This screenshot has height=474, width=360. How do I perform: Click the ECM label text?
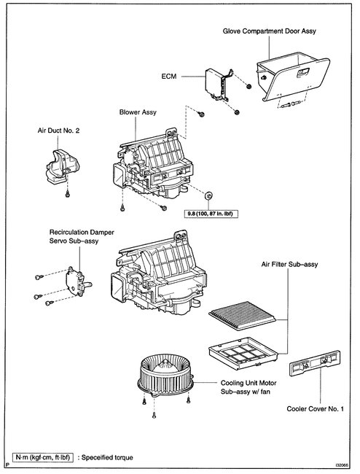tap(169, 77)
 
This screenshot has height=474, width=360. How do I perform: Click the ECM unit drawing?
tap(218, 85)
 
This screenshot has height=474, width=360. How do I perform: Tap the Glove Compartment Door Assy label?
tap(269, 31)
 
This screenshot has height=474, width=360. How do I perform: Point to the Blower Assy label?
tap(138, 112)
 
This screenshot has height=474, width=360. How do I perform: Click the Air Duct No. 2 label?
tap(58, 131)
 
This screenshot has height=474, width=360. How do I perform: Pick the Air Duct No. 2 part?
tap(62, 166)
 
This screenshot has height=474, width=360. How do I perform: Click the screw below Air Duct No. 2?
tap(68, 194)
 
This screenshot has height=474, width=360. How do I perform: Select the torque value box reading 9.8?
tap(211, 214)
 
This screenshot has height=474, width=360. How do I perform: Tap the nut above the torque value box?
tap(208, 195)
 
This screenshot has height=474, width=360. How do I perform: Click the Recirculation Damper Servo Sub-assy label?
tap(82, 237)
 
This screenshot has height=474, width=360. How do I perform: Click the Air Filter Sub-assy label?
tap(289, 265)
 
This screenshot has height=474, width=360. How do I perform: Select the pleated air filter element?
tap(242, 316)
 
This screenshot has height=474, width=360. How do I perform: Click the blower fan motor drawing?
tap(165, 375)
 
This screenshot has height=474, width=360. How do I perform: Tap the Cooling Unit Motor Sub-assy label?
tap(249, 387)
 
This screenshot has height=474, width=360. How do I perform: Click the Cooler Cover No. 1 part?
tap(315, 363)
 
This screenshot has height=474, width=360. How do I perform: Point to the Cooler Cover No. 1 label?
tap(315, 409)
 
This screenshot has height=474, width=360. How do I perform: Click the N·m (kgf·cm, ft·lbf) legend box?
tap(42, 457)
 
